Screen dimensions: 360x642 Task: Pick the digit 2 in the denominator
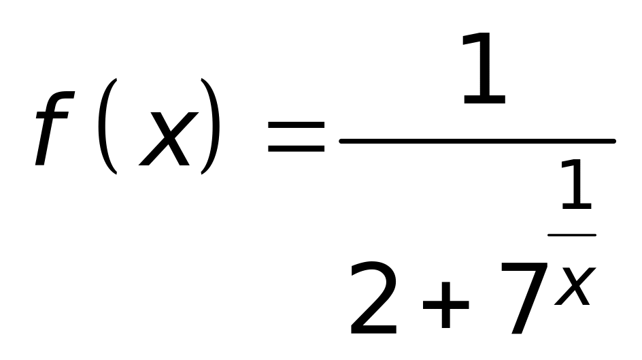coord(373,299)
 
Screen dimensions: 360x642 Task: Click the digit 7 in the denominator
coord(520,299)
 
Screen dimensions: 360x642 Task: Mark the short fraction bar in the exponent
coord(572,235)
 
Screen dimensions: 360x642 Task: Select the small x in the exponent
coord(575,286)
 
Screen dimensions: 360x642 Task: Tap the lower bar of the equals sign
coord(297,148)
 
